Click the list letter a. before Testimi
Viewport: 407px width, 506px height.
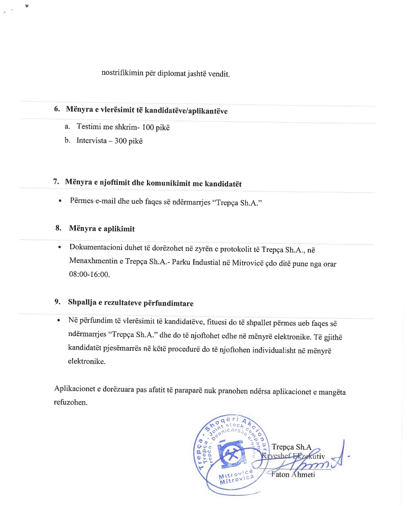(68, 127)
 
